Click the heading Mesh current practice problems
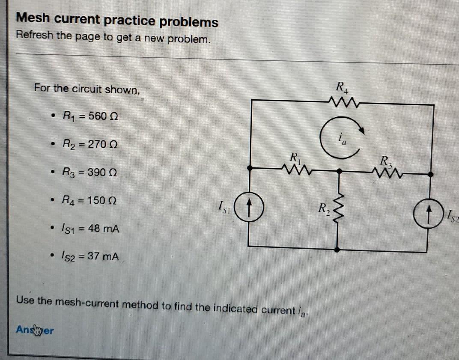click(117, 20)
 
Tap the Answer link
click(35, 330)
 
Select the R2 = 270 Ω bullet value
click(90, 144)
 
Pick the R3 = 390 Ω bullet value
click(90, 173)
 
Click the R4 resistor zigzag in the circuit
click(344, 101)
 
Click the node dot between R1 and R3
click(339, 171)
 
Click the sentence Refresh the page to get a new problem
click(113, 38)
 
